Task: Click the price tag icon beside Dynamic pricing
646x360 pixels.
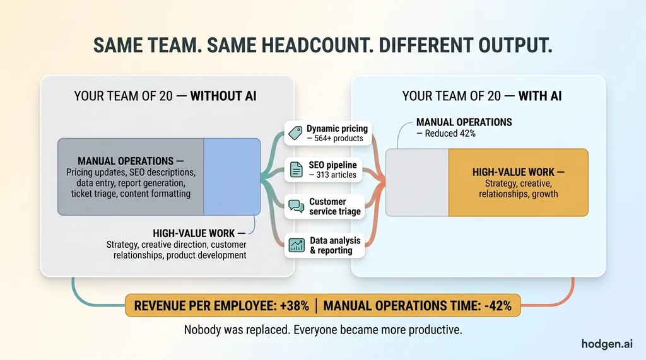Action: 295,133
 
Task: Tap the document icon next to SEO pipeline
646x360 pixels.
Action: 297,170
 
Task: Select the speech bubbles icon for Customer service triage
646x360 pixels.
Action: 297,206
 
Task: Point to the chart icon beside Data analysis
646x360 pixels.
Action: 297,245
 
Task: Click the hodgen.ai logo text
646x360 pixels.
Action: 606,344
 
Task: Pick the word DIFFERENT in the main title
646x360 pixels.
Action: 426,45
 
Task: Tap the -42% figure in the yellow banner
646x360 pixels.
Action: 498,306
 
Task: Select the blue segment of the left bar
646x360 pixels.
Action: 232,177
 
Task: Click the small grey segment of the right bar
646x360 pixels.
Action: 417,182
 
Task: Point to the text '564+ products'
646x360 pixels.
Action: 339,139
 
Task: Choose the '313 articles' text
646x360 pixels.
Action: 336,175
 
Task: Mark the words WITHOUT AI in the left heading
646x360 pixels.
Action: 223,96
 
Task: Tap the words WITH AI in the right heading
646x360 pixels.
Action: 540,96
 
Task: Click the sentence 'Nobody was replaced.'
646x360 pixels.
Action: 237,330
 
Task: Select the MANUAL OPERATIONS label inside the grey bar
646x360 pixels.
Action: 126,161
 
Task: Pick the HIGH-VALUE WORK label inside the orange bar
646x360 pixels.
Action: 514,172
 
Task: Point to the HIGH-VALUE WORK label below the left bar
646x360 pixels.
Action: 194,233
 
